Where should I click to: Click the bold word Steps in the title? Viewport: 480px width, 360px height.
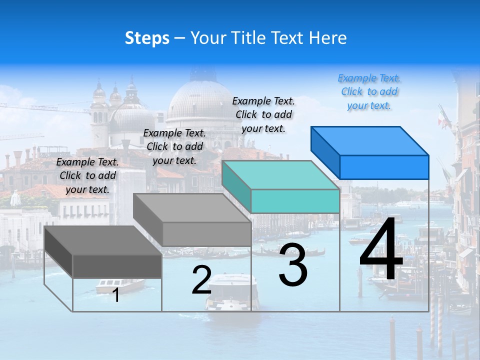click(x=147, y=38)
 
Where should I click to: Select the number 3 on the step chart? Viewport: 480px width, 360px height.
click(x=293, y=265)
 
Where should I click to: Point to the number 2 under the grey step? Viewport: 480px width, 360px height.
click(x=201, y=280)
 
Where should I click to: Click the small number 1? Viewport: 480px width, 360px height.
click(x=116, y=295)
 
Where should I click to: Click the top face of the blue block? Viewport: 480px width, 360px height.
click(x=369, y=141)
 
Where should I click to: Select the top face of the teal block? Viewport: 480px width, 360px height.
click(x=280, y=175)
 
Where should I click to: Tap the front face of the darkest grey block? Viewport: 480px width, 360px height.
click(x=117, y=266)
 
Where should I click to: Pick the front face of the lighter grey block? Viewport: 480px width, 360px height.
click(x=206, y=234)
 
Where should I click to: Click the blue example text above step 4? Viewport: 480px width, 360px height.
click(x=369, y=92)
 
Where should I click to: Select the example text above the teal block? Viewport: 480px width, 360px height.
click(x=263, y=114)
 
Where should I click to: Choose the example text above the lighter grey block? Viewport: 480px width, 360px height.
click(x=174, y=146)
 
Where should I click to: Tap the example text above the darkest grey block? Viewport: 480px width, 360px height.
click(x=87, y=175)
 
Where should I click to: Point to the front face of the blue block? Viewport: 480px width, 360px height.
click(x=384, y=167)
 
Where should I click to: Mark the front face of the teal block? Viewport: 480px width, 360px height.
click(x=295, y=201)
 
